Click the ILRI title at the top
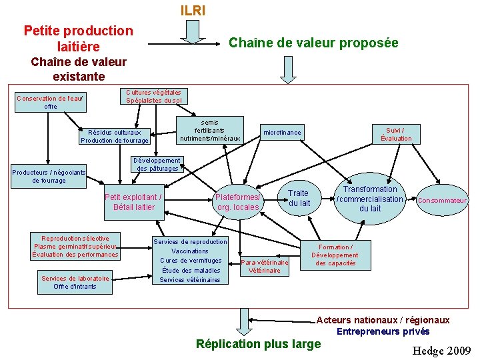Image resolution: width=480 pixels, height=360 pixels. pyautogui.click(x=193, y=11)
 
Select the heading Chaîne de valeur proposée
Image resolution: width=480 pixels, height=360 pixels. pyautogui.click(x=313, y=43)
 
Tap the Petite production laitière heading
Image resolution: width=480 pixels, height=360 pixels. pyautogui.click(x=78, y=38)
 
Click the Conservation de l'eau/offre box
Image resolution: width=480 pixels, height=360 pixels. pyautogui.click(x=50, y=102)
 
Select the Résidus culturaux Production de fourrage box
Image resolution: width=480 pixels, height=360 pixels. pyautogui.click(x=115, y=136)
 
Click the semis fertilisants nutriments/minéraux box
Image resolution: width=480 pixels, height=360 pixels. pyautogui.click(x=210, y=131)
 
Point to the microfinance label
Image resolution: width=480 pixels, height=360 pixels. pyautogui.click(x=282, y=133)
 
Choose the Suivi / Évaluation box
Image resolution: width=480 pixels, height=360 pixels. pyautogui.click(x=396, y=134)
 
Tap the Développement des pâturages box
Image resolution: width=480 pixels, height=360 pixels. pyautogui.click(x=157, y=165)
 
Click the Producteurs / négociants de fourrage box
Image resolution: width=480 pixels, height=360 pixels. pyautogui.click(x=49, y=176)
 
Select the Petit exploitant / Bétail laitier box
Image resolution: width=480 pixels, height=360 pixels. pyautogui.click(x=133, y=202)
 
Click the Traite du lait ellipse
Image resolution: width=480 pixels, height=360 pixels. pyautogui.click(x=299, y=198)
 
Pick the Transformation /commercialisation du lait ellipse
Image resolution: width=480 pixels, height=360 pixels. pyautogui.click(x=370, y=199)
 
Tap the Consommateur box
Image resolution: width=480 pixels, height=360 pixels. pyautogui.click(x=442, y=200)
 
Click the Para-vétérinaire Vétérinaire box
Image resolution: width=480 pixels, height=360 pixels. pyautogui.click(x=265, y=266)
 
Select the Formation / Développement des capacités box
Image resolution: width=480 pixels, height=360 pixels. pyautogui.click(x=335, y=255)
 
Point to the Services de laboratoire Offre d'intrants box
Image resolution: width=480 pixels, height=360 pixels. pyautogui.click(x=75, y=282)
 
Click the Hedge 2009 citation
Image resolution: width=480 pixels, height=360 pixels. pyautogui.click(x=441, y=351)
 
